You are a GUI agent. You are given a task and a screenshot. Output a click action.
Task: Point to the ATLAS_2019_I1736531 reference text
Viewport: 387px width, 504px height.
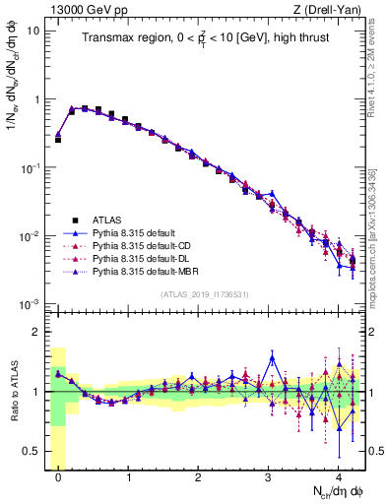(205, 294)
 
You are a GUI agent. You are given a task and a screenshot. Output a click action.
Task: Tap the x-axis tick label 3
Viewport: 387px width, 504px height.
(268, 475)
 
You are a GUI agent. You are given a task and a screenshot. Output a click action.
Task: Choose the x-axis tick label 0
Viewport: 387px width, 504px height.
(58, 475)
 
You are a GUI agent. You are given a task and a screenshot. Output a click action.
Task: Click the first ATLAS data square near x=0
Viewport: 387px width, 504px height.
(58, 140)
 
